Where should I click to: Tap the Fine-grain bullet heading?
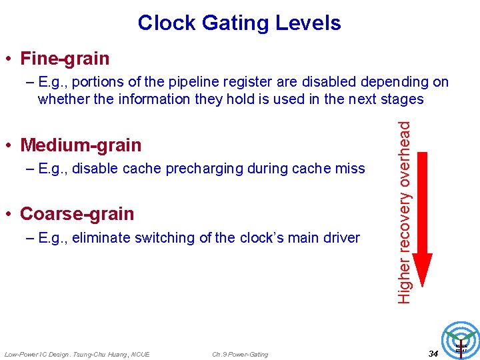pos(65,59)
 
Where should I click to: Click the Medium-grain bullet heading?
pos(81,145)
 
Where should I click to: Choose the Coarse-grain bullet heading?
pos(77,214)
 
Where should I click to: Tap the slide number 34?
pos(433,353)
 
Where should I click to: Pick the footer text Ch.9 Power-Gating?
pos(240,354)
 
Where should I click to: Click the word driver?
pos(343,238)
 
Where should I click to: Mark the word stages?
pos(403,99)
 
